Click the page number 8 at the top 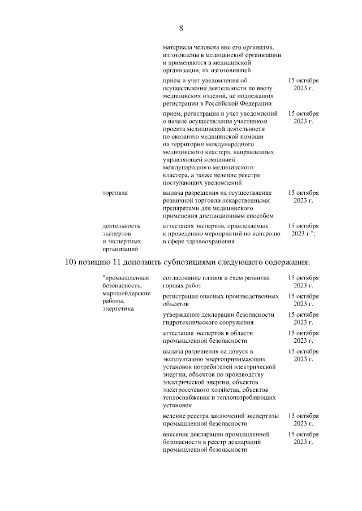pos(180,28)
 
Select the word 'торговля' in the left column pos(115,193)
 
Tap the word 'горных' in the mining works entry pos(173,286)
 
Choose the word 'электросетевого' pos(187,390)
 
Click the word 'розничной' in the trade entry pos(179,200)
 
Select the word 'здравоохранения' pos(206,241)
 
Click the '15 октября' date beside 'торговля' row pos(303,193)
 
